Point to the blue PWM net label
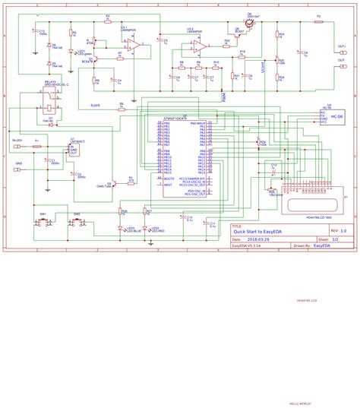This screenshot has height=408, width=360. (223, 96)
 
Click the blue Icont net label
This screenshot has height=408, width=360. (95, 106)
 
